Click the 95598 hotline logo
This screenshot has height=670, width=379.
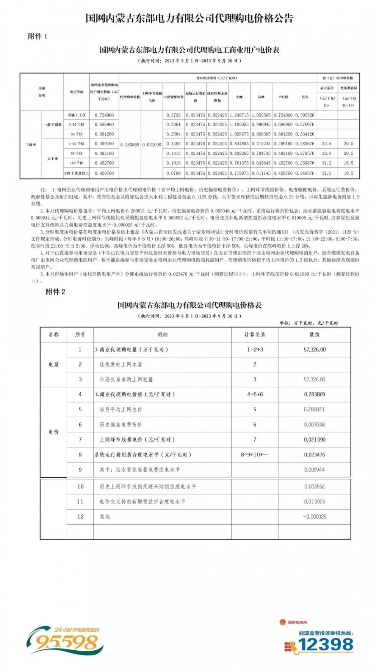tap(64, 641)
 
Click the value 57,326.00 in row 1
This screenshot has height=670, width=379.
tap(315, 349)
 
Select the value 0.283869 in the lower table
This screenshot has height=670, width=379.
tap(315, 394)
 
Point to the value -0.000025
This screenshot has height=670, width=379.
tap(315, 517)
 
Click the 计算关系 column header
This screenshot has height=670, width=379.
tap(255, 335)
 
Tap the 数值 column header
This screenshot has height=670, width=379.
tap(315, 335)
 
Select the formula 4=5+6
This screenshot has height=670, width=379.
tap(255, 394)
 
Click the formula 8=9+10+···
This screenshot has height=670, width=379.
tap(255, 455)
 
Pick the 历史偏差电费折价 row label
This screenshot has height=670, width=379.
tap(121, 425)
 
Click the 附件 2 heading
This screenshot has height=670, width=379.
tap(55, 292)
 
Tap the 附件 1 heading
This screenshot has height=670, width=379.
tap(38, 36)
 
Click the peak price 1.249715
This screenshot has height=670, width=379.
tap(240, 115)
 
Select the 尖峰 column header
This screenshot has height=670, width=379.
tap(240, 97)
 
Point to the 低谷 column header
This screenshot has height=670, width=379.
tap(305, 97)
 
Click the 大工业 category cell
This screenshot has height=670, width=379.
tap(52, 159)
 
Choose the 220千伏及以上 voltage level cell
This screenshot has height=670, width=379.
tap(77, 173)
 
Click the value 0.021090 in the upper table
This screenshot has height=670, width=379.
tap(152, 145)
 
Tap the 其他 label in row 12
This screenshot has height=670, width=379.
tap(105, 517)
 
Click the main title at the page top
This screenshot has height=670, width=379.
tap(189, 18)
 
